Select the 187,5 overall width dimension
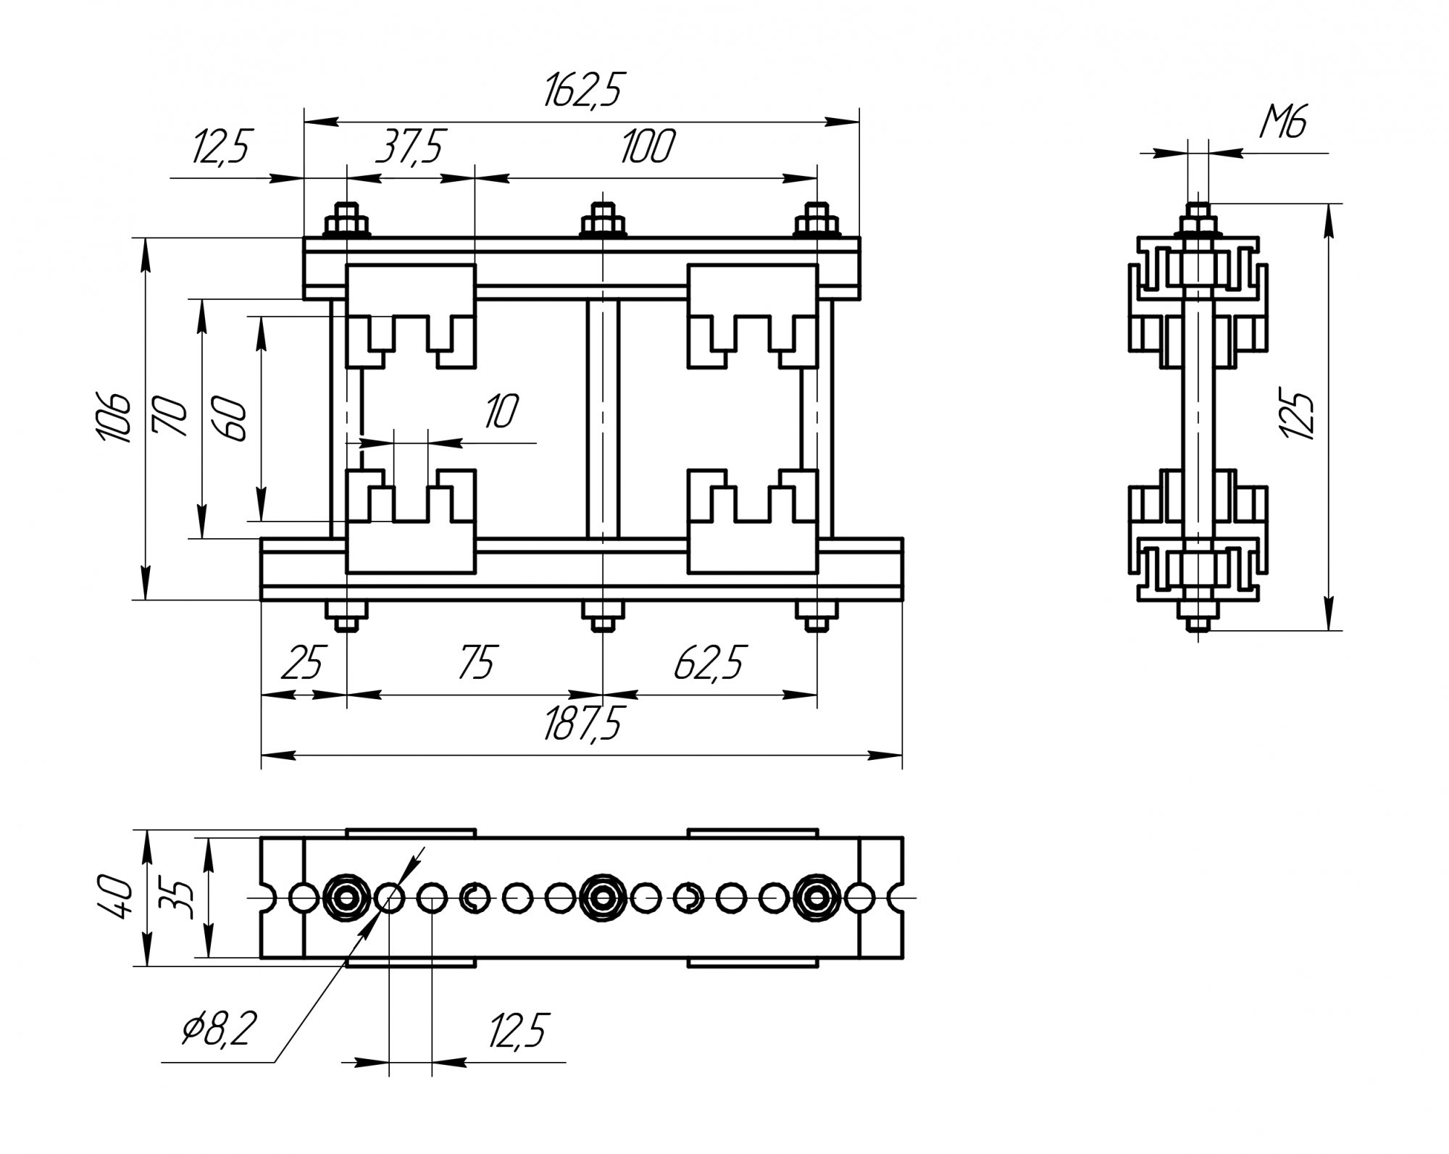click(582, 723)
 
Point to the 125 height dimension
click(1298, 415)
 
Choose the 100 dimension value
click(647, 147)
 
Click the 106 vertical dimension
click(114, 419)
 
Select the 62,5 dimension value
click(709, 663)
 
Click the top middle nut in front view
click(603, 220)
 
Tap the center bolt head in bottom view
click(602, 899)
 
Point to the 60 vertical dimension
click(231, 419)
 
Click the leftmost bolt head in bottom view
click(346, 899)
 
